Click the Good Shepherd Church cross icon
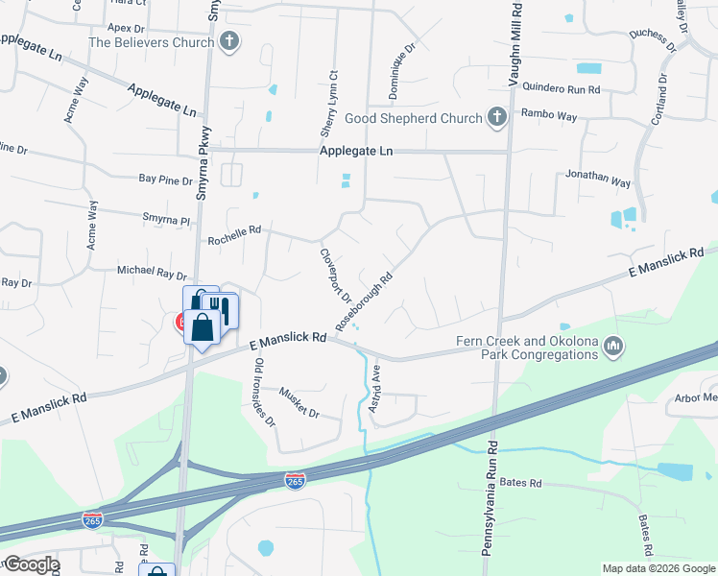[x=496, y=118]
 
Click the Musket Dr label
[x=299, y=403]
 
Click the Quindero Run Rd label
[x=561, y=89]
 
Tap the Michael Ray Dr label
[x=151, y=272]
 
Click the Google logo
[x=31, y=564]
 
